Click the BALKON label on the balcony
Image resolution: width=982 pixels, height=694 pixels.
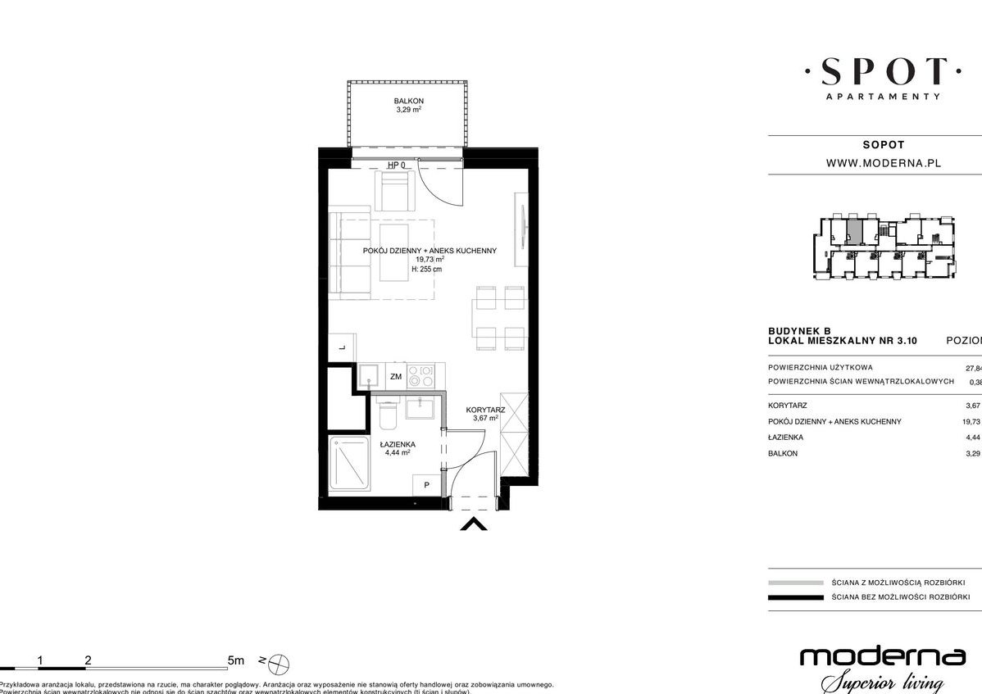tap(407, 101)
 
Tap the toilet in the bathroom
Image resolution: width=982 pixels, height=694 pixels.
tap(388, 416)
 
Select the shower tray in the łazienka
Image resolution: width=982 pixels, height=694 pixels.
tap(351, 465)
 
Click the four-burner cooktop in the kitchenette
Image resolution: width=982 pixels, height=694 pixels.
tap(425, 376)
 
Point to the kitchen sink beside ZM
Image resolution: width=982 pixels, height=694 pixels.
tap(368, 376)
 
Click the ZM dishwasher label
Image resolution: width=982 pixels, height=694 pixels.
tap(395, 377)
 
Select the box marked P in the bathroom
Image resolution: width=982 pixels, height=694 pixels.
tap(426, 485)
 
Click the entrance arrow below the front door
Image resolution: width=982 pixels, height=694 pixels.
tap(474, 524)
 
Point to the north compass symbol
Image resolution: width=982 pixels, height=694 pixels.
tap(280, 660)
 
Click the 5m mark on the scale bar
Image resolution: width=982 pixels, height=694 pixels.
tap(236, 660)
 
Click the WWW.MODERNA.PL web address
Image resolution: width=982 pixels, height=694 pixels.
tap(883, 163)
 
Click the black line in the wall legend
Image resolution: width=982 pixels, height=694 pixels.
tap(795, 597)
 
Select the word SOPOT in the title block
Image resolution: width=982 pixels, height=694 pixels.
tap(883, 144)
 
